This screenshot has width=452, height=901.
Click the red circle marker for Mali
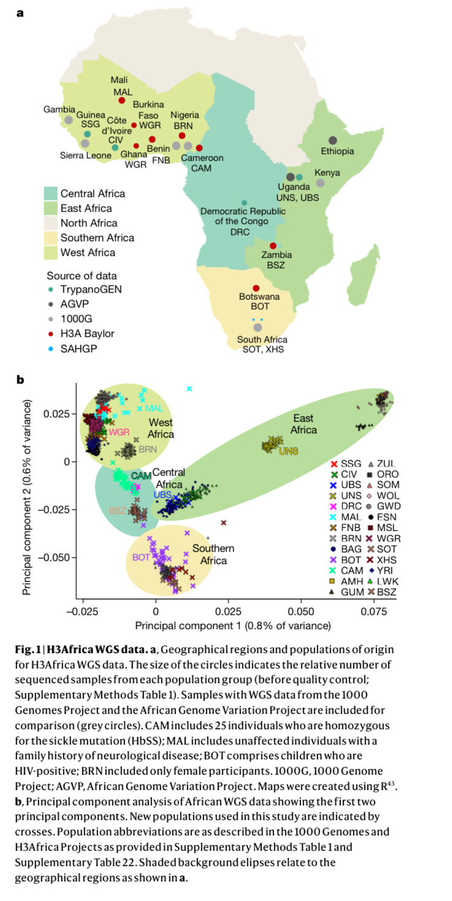tap(121, 101)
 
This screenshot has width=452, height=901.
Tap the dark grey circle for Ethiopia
tap(332, 141)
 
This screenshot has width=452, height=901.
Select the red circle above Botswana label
tap(256, 288)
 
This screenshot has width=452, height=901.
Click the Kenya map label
tap(327, 172)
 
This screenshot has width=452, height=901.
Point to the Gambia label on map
tap(59, 109)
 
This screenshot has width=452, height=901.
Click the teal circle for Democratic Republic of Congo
tap(244, 203)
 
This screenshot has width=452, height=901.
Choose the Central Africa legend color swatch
tap(50, 193)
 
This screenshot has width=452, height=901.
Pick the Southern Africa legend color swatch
tap(50, 238)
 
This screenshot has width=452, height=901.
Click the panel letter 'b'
tap(20, 380)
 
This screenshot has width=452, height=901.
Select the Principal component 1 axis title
tap(233, 625)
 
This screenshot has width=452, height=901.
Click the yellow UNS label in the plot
tap(288, 451)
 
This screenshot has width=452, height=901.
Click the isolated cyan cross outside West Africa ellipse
tap(190, 389)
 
